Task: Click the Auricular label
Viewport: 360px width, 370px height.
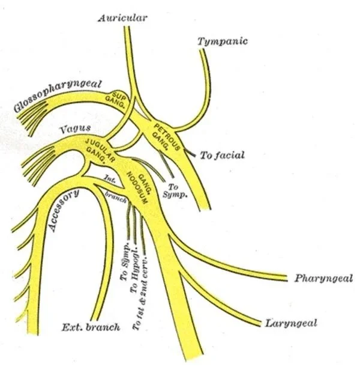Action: pyautogui.click(x=122, y=18)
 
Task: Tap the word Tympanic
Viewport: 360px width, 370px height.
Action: pyautogui.click(x=223, y=41)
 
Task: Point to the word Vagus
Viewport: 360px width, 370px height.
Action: pyautogui.click(x=75, y=129)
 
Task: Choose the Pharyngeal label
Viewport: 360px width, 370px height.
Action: pyautogui.click(x=323, y=279)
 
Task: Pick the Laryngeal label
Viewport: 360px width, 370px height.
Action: pyautogui.click(x=291, y=323)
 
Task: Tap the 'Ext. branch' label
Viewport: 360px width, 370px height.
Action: pyautogui.click(x=91, y=327)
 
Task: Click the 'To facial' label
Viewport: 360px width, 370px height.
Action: pyautogui.click(x=223, y=155)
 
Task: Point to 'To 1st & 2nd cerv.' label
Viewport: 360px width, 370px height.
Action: pyautogui.click(x=140, y=293)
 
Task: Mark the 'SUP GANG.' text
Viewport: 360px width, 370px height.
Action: pyautogui.click(x=116, y=99)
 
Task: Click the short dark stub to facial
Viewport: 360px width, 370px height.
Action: pyautogui.click(x=190, y=153)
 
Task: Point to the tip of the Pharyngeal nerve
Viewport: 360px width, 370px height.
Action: pyautogui.click(x=287, y=278)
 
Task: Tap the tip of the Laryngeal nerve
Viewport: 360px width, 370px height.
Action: pyautogui.click(x=261, y=324)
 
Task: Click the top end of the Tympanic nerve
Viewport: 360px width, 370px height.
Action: pyautogui.click(x=202, y=50)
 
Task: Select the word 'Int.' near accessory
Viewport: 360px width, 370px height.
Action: pyautogui.click(x=110, y=179)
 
